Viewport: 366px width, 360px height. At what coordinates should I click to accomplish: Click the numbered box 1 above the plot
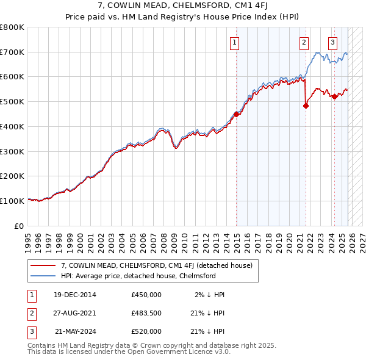pos(235,42)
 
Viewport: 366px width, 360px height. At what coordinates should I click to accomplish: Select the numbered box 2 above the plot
pos(304,42)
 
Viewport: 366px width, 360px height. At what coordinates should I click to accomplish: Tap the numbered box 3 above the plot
pos(332,42)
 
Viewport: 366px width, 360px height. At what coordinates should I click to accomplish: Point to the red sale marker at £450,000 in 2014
pos(237,113)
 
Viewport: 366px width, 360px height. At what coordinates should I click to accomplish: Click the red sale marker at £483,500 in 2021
pos(306,105)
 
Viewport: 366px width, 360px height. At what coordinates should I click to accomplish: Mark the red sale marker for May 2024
pos(334,96)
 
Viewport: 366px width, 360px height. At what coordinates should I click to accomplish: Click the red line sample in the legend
pos(43,265)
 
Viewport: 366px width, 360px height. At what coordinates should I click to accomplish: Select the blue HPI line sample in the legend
pos(43,276)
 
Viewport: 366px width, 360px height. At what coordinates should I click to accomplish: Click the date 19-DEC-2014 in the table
pos(74,295)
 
